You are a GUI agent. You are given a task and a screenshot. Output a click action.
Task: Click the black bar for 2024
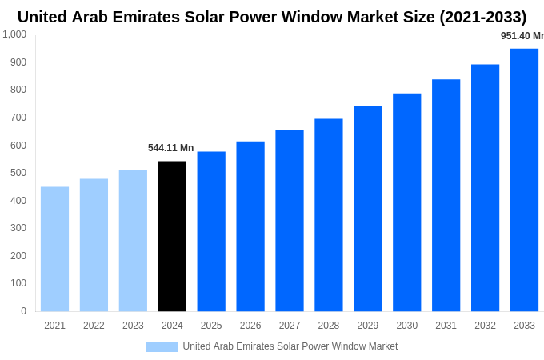(172, 236)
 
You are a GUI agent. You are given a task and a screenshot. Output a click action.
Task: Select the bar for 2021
(54, 249)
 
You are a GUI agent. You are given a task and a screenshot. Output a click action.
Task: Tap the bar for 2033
(524, 180)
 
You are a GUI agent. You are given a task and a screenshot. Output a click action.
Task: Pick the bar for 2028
(328, 214)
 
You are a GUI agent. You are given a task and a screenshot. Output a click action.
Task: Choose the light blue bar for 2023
(133, 240)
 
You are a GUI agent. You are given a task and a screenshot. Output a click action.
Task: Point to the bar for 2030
(406, 202)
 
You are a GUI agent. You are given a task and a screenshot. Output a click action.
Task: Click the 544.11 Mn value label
(170, 148)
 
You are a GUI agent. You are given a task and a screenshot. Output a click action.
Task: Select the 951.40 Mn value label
(522, 36)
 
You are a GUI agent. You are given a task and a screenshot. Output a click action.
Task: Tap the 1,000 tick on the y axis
(14, 34)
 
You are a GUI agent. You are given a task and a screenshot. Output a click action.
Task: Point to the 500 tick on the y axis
(18, 173)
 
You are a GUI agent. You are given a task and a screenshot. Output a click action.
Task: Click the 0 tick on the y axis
(23, 311)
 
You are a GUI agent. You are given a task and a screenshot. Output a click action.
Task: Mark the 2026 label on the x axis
(250, 326)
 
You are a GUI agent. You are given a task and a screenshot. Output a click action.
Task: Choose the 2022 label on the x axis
(94, 326)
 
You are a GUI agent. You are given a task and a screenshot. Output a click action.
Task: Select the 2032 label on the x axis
(485, 326)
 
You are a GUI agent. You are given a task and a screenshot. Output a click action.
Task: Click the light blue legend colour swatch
(162, 346)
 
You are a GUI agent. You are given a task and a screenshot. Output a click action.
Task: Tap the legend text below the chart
(290, 346)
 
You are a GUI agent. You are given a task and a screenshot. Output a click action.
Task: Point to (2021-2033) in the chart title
(482, 17)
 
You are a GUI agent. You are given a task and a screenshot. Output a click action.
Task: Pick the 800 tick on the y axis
(18, 90)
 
